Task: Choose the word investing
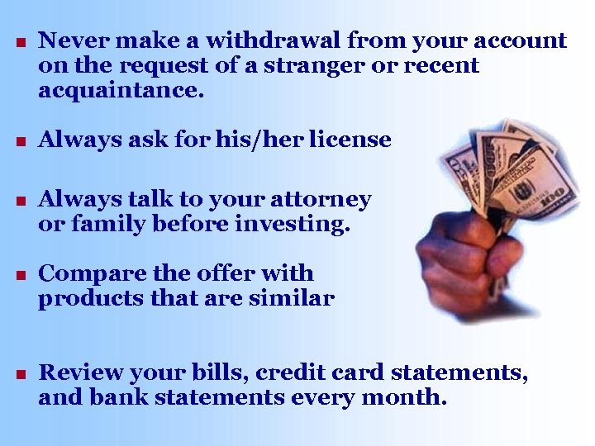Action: click(x=292, y=224)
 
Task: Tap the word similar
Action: click(x=292, y=297)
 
